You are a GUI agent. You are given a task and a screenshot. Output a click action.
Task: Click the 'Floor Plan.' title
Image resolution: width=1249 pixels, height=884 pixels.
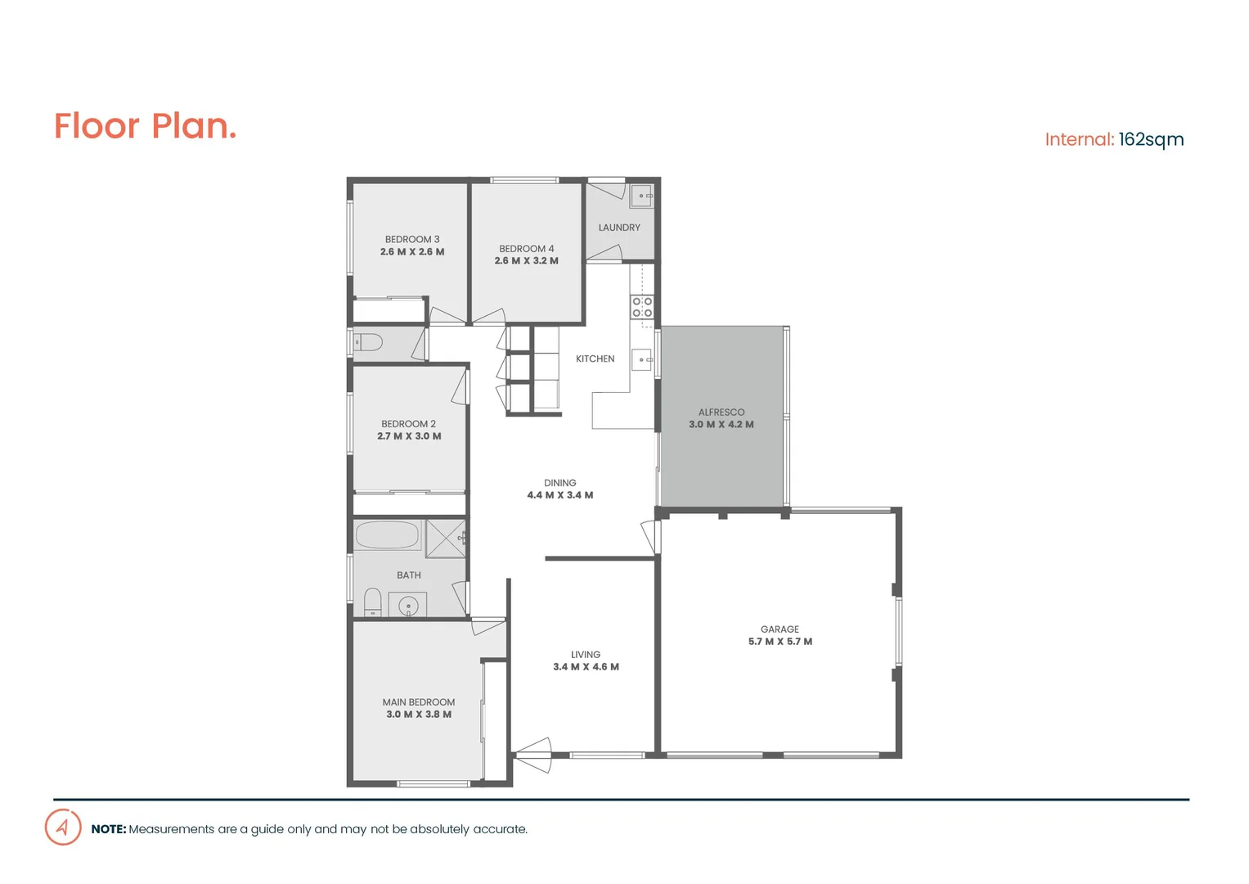[146, 126]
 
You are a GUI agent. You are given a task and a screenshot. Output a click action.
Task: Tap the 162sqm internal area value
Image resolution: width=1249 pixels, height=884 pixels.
[1151, 140]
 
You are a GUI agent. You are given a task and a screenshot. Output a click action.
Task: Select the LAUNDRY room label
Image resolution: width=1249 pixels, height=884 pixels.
[619, 228]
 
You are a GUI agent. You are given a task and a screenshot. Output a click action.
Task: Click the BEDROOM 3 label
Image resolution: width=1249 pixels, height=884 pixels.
[412, 240]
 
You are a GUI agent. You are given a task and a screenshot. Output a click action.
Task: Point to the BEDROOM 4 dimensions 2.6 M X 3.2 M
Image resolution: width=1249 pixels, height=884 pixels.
[526, 261]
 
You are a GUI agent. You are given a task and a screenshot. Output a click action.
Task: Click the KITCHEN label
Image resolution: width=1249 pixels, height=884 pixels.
[595, 359]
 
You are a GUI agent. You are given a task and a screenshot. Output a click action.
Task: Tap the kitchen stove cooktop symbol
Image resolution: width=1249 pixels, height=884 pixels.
[642, 307]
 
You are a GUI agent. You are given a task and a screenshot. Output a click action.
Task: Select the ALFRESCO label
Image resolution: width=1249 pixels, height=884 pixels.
[721, 413]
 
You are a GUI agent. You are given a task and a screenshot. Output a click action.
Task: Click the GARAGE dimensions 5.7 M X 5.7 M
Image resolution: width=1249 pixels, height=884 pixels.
[780, 642]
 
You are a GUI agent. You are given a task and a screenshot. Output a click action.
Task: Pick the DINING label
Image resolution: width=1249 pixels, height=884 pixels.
[560, 483]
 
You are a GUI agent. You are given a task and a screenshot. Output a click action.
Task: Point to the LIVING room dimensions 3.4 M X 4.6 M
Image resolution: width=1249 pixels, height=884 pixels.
[586, 667]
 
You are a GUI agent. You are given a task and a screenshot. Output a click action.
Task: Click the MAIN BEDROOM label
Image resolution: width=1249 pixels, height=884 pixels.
[419, 702]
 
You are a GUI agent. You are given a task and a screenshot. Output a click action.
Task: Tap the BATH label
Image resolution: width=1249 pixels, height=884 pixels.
[409, 575]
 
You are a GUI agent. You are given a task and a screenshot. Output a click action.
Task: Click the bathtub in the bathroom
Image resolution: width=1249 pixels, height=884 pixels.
[387, 535]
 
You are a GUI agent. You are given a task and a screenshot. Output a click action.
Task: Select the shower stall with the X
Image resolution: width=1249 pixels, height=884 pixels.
[446, 538]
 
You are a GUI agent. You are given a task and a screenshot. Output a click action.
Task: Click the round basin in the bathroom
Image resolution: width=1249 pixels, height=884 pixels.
[408, 607]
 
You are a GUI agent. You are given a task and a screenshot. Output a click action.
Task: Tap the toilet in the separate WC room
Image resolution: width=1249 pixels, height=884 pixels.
[369, 342]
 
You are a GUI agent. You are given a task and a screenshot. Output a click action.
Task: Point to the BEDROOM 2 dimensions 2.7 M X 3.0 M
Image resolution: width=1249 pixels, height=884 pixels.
[409, 436]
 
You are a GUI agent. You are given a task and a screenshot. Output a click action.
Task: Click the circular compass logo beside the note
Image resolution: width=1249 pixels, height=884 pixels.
[63, 827]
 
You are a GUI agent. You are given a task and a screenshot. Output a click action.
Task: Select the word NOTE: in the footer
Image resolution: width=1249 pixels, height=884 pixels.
[109, 829]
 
